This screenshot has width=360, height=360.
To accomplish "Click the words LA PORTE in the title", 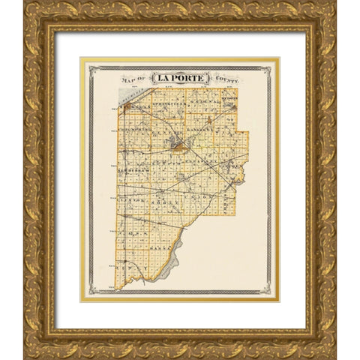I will tap(180, 77).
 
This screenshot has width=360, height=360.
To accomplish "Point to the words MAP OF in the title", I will tap(133, 78).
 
